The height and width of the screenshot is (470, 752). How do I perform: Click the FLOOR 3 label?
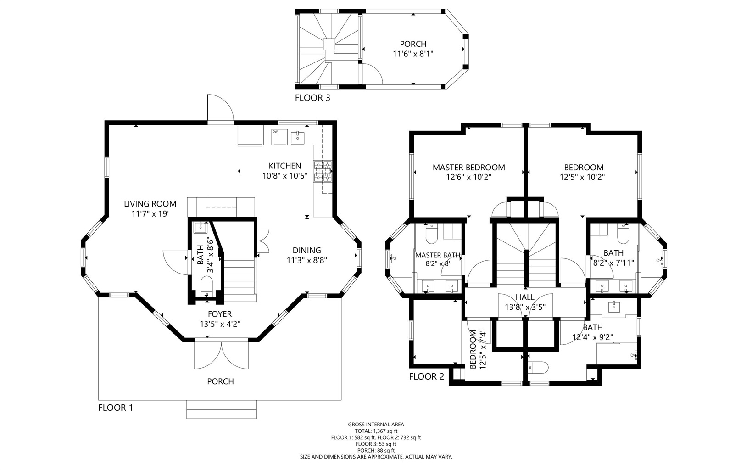coord(312,98)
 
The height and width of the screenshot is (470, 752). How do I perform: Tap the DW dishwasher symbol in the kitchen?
coord(279,137)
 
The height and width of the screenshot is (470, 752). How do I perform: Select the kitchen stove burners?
coord(323,172)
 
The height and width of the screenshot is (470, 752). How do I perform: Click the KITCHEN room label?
coord(284,166)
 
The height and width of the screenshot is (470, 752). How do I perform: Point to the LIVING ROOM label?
coord(150,204)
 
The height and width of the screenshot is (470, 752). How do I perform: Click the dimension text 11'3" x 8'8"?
coord(306,260)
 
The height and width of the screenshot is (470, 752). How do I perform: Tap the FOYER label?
coord(220,314)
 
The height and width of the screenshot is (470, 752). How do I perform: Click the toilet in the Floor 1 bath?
coord(206,286)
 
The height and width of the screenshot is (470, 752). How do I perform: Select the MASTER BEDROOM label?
coord(468,168)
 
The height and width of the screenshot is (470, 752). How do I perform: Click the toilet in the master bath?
coord(432,234)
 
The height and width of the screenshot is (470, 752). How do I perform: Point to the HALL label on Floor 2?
coord(525,297)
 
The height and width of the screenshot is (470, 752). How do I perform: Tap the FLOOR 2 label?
coord(426,377)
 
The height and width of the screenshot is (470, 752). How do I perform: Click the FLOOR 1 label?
coord(116,408)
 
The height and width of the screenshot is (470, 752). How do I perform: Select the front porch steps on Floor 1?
coord(222,409)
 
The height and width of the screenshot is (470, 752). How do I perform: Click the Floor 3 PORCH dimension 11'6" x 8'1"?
coord(413,54)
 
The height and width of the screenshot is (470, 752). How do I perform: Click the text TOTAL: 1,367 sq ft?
coord(376,431)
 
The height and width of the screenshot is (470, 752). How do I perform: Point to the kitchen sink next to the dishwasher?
coord(297,138)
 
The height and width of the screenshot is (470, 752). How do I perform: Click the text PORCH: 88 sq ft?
coord(376,451)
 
